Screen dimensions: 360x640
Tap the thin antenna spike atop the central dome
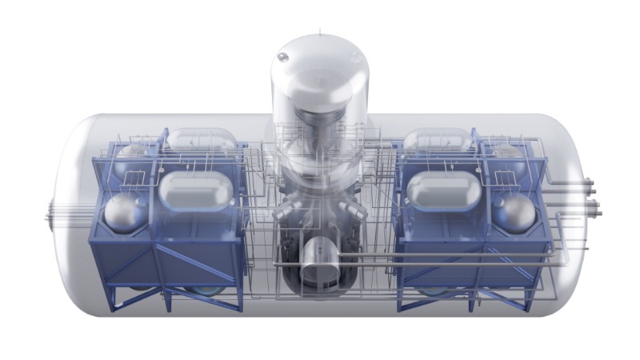pos(320,31)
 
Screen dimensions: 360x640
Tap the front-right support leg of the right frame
pos(526,300)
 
